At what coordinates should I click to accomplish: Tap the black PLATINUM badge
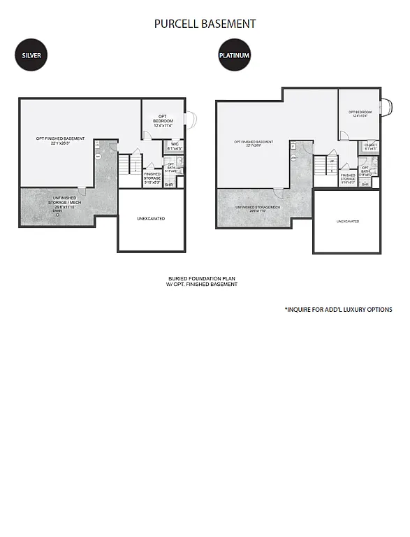(234, 55)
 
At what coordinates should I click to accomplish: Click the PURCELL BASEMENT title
(205, 24)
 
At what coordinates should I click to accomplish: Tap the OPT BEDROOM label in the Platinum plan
(360, 114)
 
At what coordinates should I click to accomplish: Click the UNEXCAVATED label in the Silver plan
(152, 219)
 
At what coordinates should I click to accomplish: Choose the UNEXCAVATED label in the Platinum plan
(347, 221)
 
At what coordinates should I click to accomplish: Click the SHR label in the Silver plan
(168, 185)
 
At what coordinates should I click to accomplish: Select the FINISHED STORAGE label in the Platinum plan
(348, 178)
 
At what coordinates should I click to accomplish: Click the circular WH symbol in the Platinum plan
(294, 158)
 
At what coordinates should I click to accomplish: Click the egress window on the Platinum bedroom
(383, 108)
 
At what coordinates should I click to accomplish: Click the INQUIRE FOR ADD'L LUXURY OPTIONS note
(338, 309)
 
